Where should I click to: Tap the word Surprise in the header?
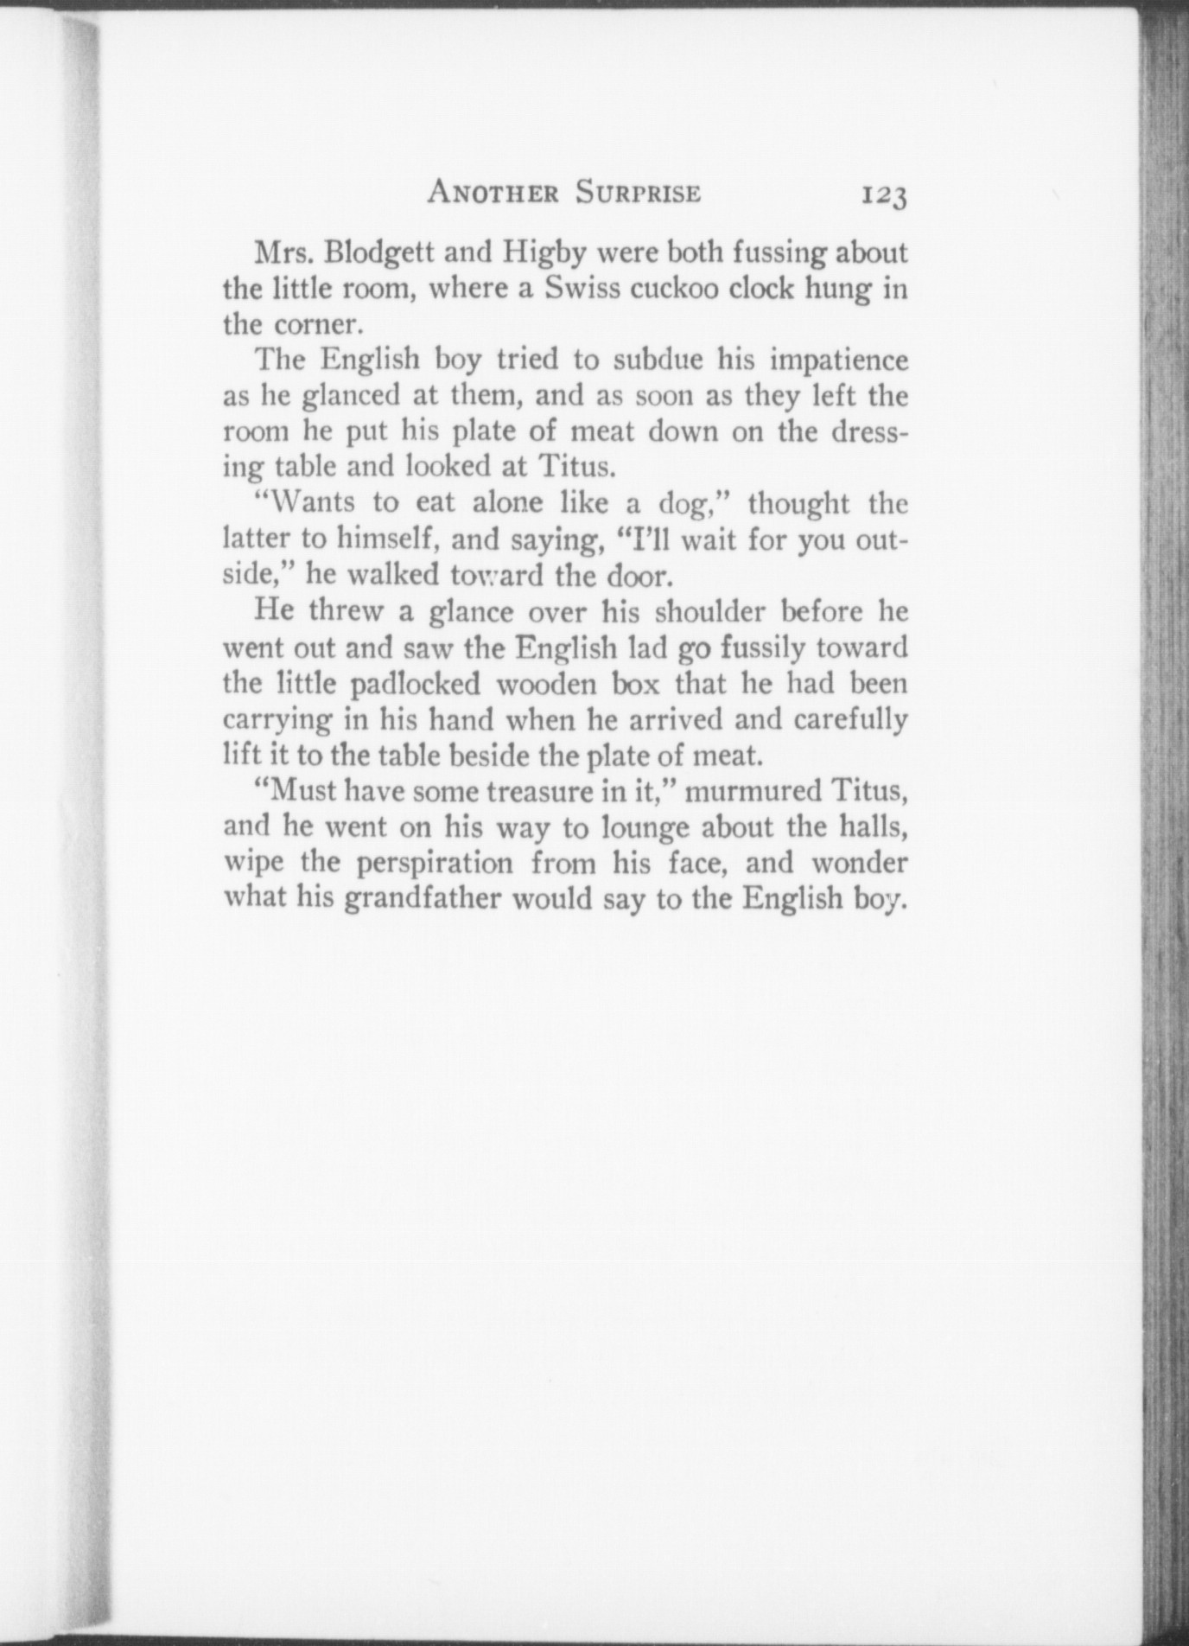(x=638, y=193)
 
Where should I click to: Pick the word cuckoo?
(x=675, y=289)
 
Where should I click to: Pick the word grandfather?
(x=423, y=900)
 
